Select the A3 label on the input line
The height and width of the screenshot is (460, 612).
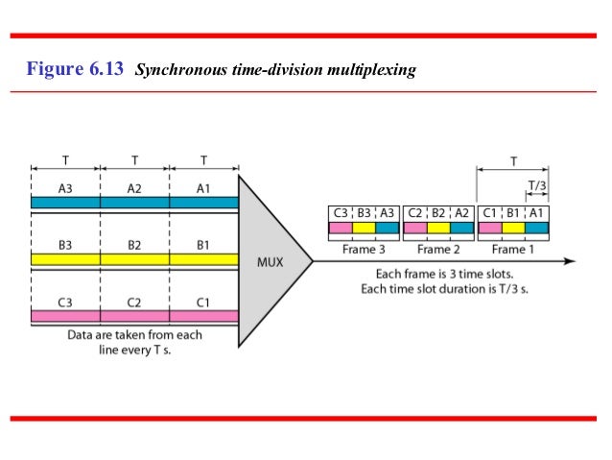pyautogui.click(x=65, y=189)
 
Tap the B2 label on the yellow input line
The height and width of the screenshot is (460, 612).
pyautogui.click(x=134, y=246)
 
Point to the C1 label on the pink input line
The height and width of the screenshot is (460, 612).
pyautogui.click(x=203, y=302)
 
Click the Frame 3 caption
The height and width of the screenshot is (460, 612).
pyautogui.click(x=364, y=249)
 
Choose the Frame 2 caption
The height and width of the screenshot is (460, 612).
pyautogui.click(x=437, y=249)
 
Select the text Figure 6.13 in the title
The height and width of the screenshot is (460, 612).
pyautogui.click(x=77, y=70)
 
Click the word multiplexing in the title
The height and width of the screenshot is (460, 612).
pyautogui.click(x=378, y=71)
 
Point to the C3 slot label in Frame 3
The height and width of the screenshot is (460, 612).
pyautogui.click(x=340, y=213)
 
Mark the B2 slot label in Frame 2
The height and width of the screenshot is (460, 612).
pyautogui.click(x=438, y=213)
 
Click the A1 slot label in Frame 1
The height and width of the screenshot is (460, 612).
pyautogui.click(x=537, y=213)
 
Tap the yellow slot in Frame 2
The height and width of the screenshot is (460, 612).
pyautogui.click(x=438, y=229)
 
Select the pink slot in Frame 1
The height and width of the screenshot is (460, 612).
pyautogui.click(x=490, y=229)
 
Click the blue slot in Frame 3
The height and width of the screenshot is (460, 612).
pyautogui.click(x=387, y=229)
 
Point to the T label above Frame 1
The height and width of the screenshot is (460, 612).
pyautogui.click(x=513, y=162)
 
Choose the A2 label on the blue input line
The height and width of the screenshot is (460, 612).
pyautogui.click(x=134, y=189)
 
